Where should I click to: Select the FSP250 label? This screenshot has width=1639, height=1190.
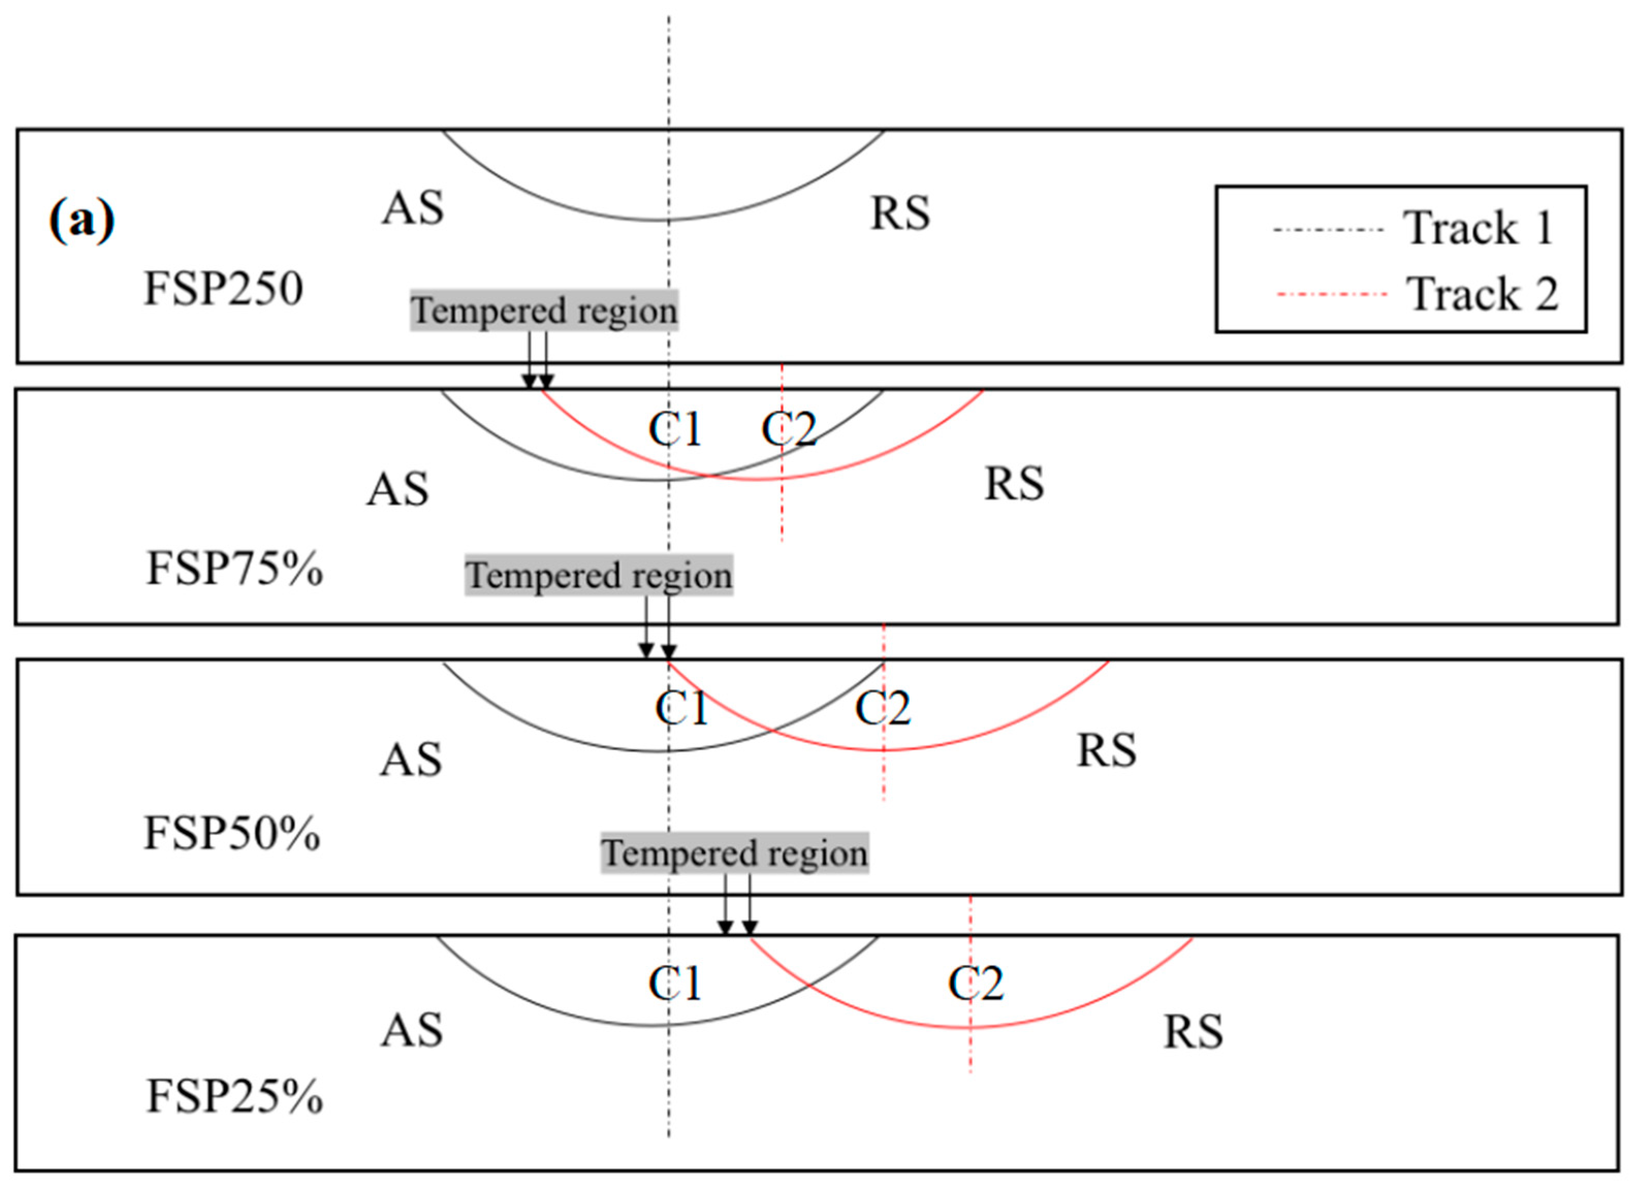[x=224, y=288]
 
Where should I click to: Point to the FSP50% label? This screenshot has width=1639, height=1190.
[x=232, y=833]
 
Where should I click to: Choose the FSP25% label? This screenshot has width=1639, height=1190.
[x=235, y=1096]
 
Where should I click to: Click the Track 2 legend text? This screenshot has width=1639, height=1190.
[x=1482, y=294]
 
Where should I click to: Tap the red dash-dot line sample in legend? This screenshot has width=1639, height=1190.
[x=1332, y=294]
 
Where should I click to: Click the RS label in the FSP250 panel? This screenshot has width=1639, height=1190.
[x=900, y=213]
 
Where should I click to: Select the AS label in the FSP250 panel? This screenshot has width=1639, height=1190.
[x=412, y=208]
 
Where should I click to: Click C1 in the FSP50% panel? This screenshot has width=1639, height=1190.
[x=681, y=707]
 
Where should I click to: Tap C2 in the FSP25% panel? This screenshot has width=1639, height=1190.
[x=976, y=984]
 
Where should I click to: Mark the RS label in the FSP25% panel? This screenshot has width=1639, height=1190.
[x=1193, y=1031]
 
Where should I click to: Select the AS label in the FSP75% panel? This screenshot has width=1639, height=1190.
[x=397, y=489]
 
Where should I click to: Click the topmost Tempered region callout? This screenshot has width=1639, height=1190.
[x=544, y=311]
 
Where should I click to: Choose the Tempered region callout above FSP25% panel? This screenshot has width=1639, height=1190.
[x=734, y=854]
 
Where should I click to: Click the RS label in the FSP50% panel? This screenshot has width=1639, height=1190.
[x=1106, y=750]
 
